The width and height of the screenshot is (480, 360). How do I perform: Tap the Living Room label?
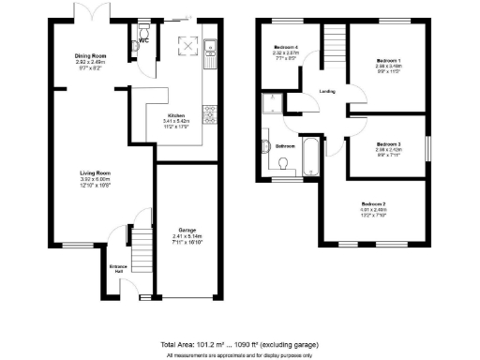95,172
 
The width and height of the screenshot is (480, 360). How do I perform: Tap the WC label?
143,41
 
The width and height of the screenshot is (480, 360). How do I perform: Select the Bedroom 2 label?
373,203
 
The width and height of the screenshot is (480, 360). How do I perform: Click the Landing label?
327,91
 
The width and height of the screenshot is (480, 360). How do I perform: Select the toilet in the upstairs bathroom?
282,163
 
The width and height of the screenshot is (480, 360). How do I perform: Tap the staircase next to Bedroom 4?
335,44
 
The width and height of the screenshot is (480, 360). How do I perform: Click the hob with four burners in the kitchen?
211,114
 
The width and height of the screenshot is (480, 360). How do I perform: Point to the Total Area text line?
240,345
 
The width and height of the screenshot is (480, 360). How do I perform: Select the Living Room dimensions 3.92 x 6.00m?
95,180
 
